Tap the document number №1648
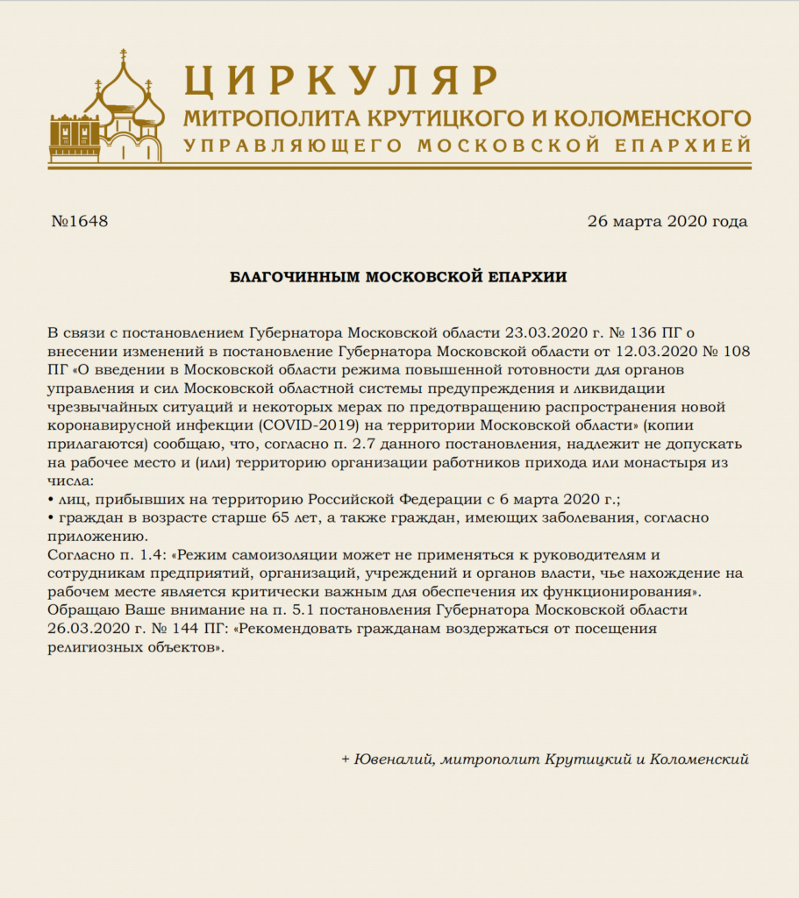[80, 221]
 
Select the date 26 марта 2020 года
[667, 221]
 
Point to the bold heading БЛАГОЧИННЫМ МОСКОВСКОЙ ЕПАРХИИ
[398, 277]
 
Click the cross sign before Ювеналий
[346, 759]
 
